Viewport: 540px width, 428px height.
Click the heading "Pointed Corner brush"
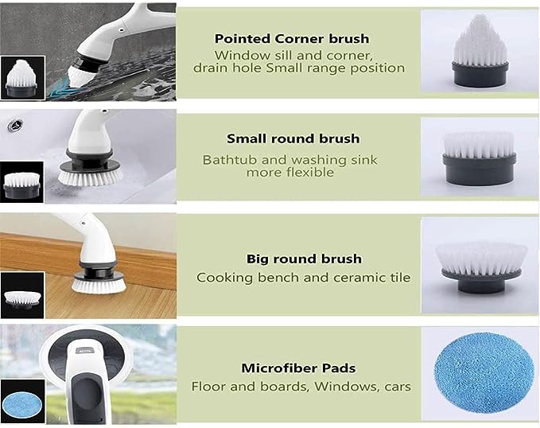292,39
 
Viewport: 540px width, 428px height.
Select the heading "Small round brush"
293,138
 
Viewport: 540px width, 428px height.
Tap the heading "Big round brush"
304,259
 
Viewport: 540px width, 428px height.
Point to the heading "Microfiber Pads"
298,368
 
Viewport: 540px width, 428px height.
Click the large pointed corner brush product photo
480,51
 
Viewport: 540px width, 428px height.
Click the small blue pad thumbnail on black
22,402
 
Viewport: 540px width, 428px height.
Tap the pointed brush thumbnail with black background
23,78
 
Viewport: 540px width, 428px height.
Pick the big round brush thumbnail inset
22,295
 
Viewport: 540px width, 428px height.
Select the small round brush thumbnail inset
22,182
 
